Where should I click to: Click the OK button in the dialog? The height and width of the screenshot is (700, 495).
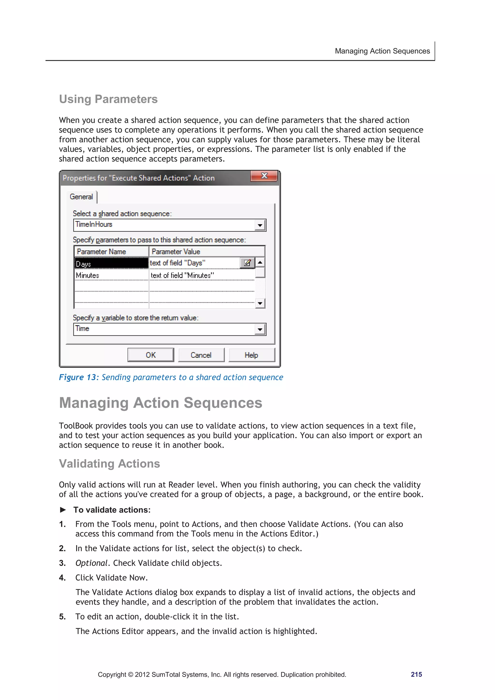point(151,355)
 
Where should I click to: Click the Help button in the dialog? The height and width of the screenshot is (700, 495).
point(251,355)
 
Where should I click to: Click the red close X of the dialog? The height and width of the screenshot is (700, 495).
point(264,176)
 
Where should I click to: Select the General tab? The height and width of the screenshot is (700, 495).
point(81,197)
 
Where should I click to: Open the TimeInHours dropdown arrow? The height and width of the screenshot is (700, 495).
point(260,225)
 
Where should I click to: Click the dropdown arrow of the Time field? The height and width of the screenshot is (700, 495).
point(260,329)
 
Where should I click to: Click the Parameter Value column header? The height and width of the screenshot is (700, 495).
point(206,252)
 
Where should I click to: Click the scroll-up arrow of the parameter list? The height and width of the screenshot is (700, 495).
point(260,262)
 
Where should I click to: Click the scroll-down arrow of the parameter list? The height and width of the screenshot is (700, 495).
point(260,303)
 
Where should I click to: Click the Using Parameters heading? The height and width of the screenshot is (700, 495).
point(108,99)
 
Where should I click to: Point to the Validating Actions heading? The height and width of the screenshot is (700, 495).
point(109,464)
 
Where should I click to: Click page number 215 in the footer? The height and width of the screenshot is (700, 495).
point(416,674)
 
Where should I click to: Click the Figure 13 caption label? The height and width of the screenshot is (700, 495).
point(78,377)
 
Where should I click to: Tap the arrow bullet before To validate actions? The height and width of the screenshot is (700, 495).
point(63,510)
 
